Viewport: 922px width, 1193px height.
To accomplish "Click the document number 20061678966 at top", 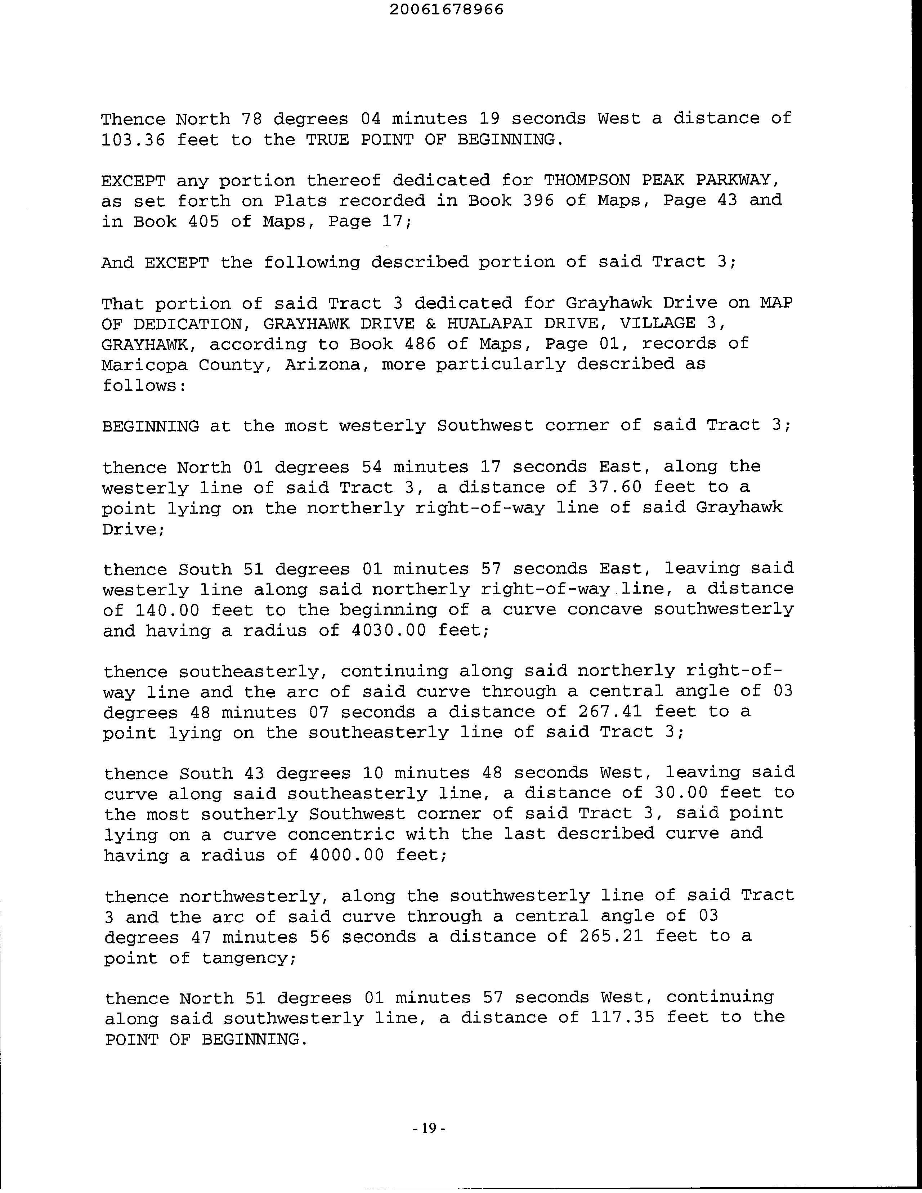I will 447,9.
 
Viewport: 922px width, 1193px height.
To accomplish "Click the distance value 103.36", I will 133,140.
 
